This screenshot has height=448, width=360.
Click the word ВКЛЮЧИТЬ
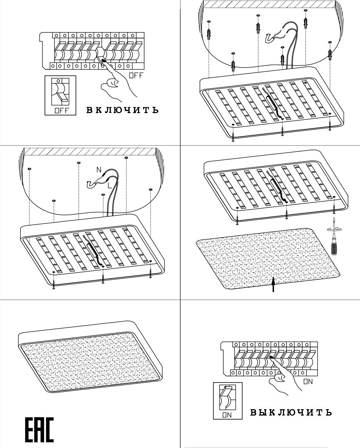pos(122,110)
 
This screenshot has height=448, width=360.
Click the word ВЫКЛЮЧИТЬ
pos(291,412)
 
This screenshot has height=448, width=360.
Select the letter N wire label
pos(99,170)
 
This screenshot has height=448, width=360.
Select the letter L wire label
pos(110,185)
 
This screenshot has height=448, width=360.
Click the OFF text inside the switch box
pos(61,111)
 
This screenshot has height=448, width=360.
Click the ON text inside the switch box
pos(227,415)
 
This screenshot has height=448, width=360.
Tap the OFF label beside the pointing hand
pos(136,76)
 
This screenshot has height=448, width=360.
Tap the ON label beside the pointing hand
pos(308,381)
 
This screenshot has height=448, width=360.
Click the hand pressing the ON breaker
pos(284,378)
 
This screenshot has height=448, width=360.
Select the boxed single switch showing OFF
pos(61,95)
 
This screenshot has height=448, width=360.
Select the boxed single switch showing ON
pos(227,401)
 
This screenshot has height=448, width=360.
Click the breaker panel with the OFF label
pos(90,50)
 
